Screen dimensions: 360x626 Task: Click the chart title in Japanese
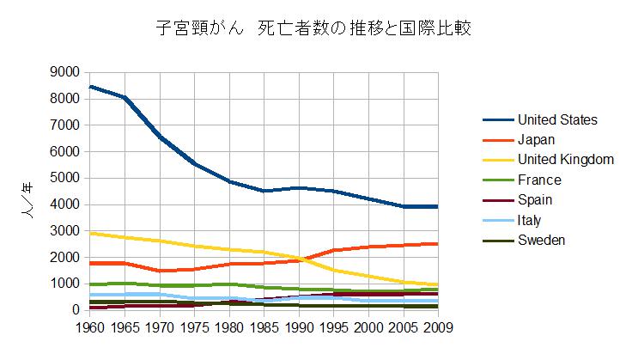pyautogui.click(x=313, y=29)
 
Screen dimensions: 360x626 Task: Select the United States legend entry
pyautogui.click(x=556, y=119)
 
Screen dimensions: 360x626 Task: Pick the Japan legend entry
pyautogui.click(x=537, y=139)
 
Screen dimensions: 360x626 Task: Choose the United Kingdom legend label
pyautogui.click(x=565, y=159)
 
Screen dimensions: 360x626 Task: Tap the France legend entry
pyautogui.click(x=538, y=180)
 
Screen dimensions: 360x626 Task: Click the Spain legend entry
pyautogui.click(x=535, y=199)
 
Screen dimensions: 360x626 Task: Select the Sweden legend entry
pyautogui.click(x=541, y=240)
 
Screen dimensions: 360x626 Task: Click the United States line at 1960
pyautogui.click(x=91, y=87)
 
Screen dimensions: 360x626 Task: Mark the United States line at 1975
pyautogui.click(x=196, y=164)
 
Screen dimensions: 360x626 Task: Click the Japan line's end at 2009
pyautogui.click(x=438, y=244)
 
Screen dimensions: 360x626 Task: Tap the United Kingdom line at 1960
pyautogui.click(x=91, y=233)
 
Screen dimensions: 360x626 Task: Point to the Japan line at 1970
pyautogui.click(x=161, y=271)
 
